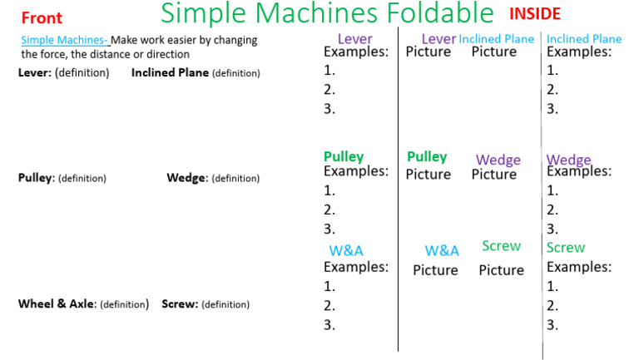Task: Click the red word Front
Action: click(x=42, y=18)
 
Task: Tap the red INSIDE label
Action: click(x=534, y=14)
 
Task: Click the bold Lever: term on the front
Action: click(x=35, y=73)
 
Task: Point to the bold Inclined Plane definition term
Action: click(x=171, y=73)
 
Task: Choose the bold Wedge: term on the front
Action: click(x=187, y=178)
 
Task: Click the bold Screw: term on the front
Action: click(x=180, y=304)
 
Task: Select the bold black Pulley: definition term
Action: click(x=37, y=178)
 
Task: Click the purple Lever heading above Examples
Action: click(x=354, y=39)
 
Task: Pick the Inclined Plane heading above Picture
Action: click(x=496, y=39)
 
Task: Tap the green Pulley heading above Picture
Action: click(x=427, y=157)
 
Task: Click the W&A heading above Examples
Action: click(x=346, y=250)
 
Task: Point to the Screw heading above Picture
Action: click(x=501, y=246)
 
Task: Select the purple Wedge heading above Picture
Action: click(x=498, y=160)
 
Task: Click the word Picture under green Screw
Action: click(x=501, y=270)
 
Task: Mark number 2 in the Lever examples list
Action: click(x=329, y=89)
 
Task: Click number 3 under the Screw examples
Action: click(x=552, y=325)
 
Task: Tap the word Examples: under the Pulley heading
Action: click(x=356, y=171)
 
